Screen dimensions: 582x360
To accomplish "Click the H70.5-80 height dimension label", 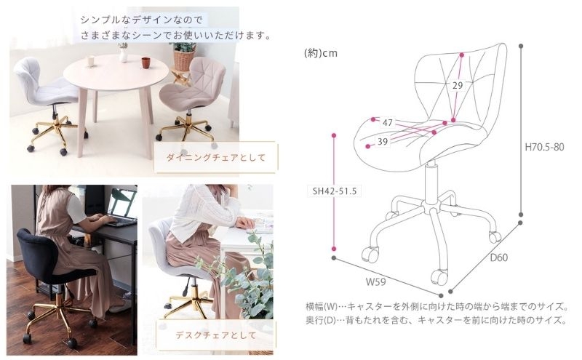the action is click(x=544, y=147).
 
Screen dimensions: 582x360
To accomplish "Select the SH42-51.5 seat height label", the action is click(x=335, y=191).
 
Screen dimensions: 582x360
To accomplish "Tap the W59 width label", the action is click(x=375, y=281).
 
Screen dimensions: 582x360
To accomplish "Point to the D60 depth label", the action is click(x=499, y=257).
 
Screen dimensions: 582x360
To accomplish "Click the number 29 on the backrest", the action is click(x=458, y=85).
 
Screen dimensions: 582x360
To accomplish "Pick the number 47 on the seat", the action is click(x=388, y=122).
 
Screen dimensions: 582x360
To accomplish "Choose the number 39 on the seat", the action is click(x=383, y=141).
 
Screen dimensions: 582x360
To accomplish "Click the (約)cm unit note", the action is click(x=321, y=53).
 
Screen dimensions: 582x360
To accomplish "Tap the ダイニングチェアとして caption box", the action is click(x=215, y=157).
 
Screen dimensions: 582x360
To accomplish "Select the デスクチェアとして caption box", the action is click(x=216, y=335).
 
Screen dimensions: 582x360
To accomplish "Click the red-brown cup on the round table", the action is click(x=145, y=63).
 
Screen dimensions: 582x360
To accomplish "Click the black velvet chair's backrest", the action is click(x=36, y=253).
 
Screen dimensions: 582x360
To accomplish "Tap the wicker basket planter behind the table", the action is click(x=184, y=60).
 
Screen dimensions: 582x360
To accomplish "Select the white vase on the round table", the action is click(x=124, y=55).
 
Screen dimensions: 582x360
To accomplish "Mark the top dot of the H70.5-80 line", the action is click(x=521, y=47).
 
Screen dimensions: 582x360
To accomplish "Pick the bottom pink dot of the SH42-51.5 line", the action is click(x=334, y=249).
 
